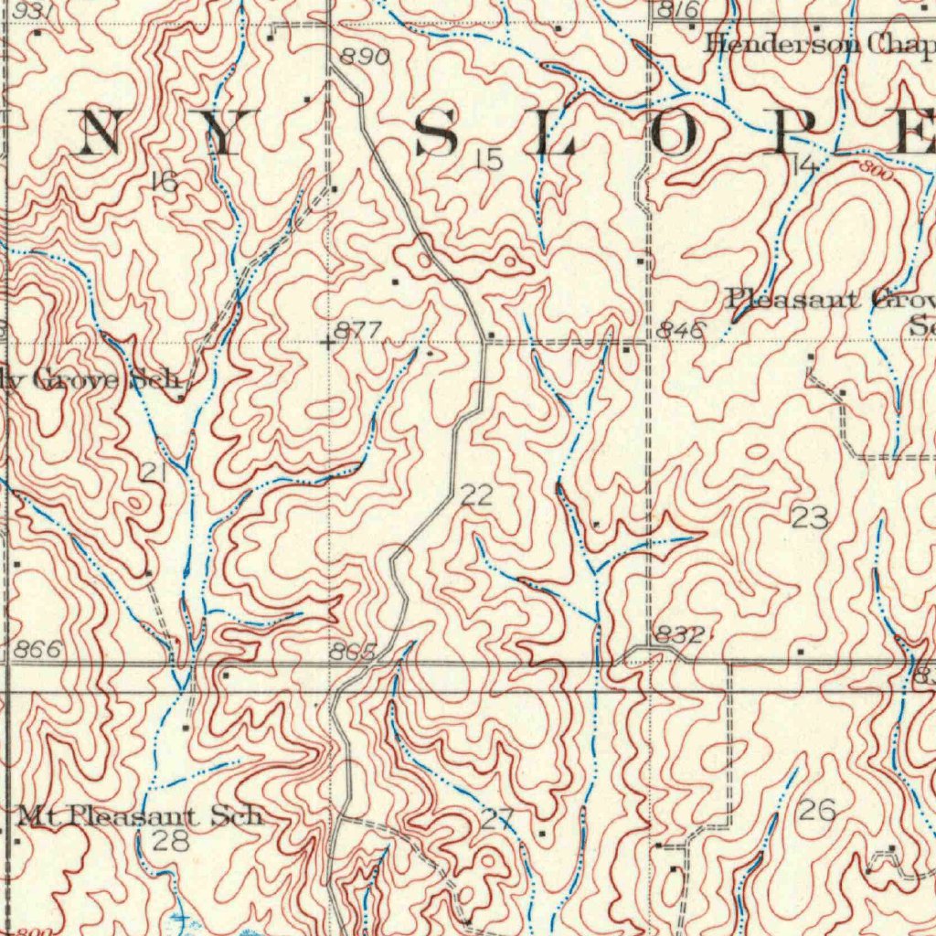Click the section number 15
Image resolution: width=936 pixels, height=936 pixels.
point(489,160)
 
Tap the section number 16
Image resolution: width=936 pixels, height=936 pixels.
point(165,182)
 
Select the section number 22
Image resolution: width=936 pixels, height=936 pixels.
point(476,495)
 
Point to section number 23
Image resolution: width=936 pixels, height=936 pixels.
point(810,518)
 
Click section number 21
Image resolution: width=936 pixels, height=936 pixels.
point(153,472)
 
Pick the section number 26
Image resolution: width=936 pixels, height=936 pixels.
point(816,809)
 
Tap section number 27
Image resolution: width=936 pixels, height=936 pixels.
point(498,818)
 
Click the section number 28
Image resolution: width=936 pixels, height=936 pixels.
point(170,840)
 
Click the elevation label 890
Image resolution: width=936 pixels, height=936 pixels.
point(365,58)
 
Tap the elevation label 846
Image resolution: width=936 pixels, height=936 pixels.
point(680,330)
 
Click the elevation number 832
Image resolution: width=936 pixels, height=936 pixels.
point(679,634)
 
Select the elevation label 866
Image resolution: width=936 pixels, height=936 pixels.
point(37,650)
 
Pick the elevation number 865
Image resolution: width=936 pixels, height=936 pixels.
point(354,652)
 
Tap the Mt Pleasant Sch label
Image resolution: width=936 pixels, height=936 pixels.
point(141,815)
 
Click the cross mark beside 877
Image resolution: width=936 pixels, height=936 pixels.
point(327,343)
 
